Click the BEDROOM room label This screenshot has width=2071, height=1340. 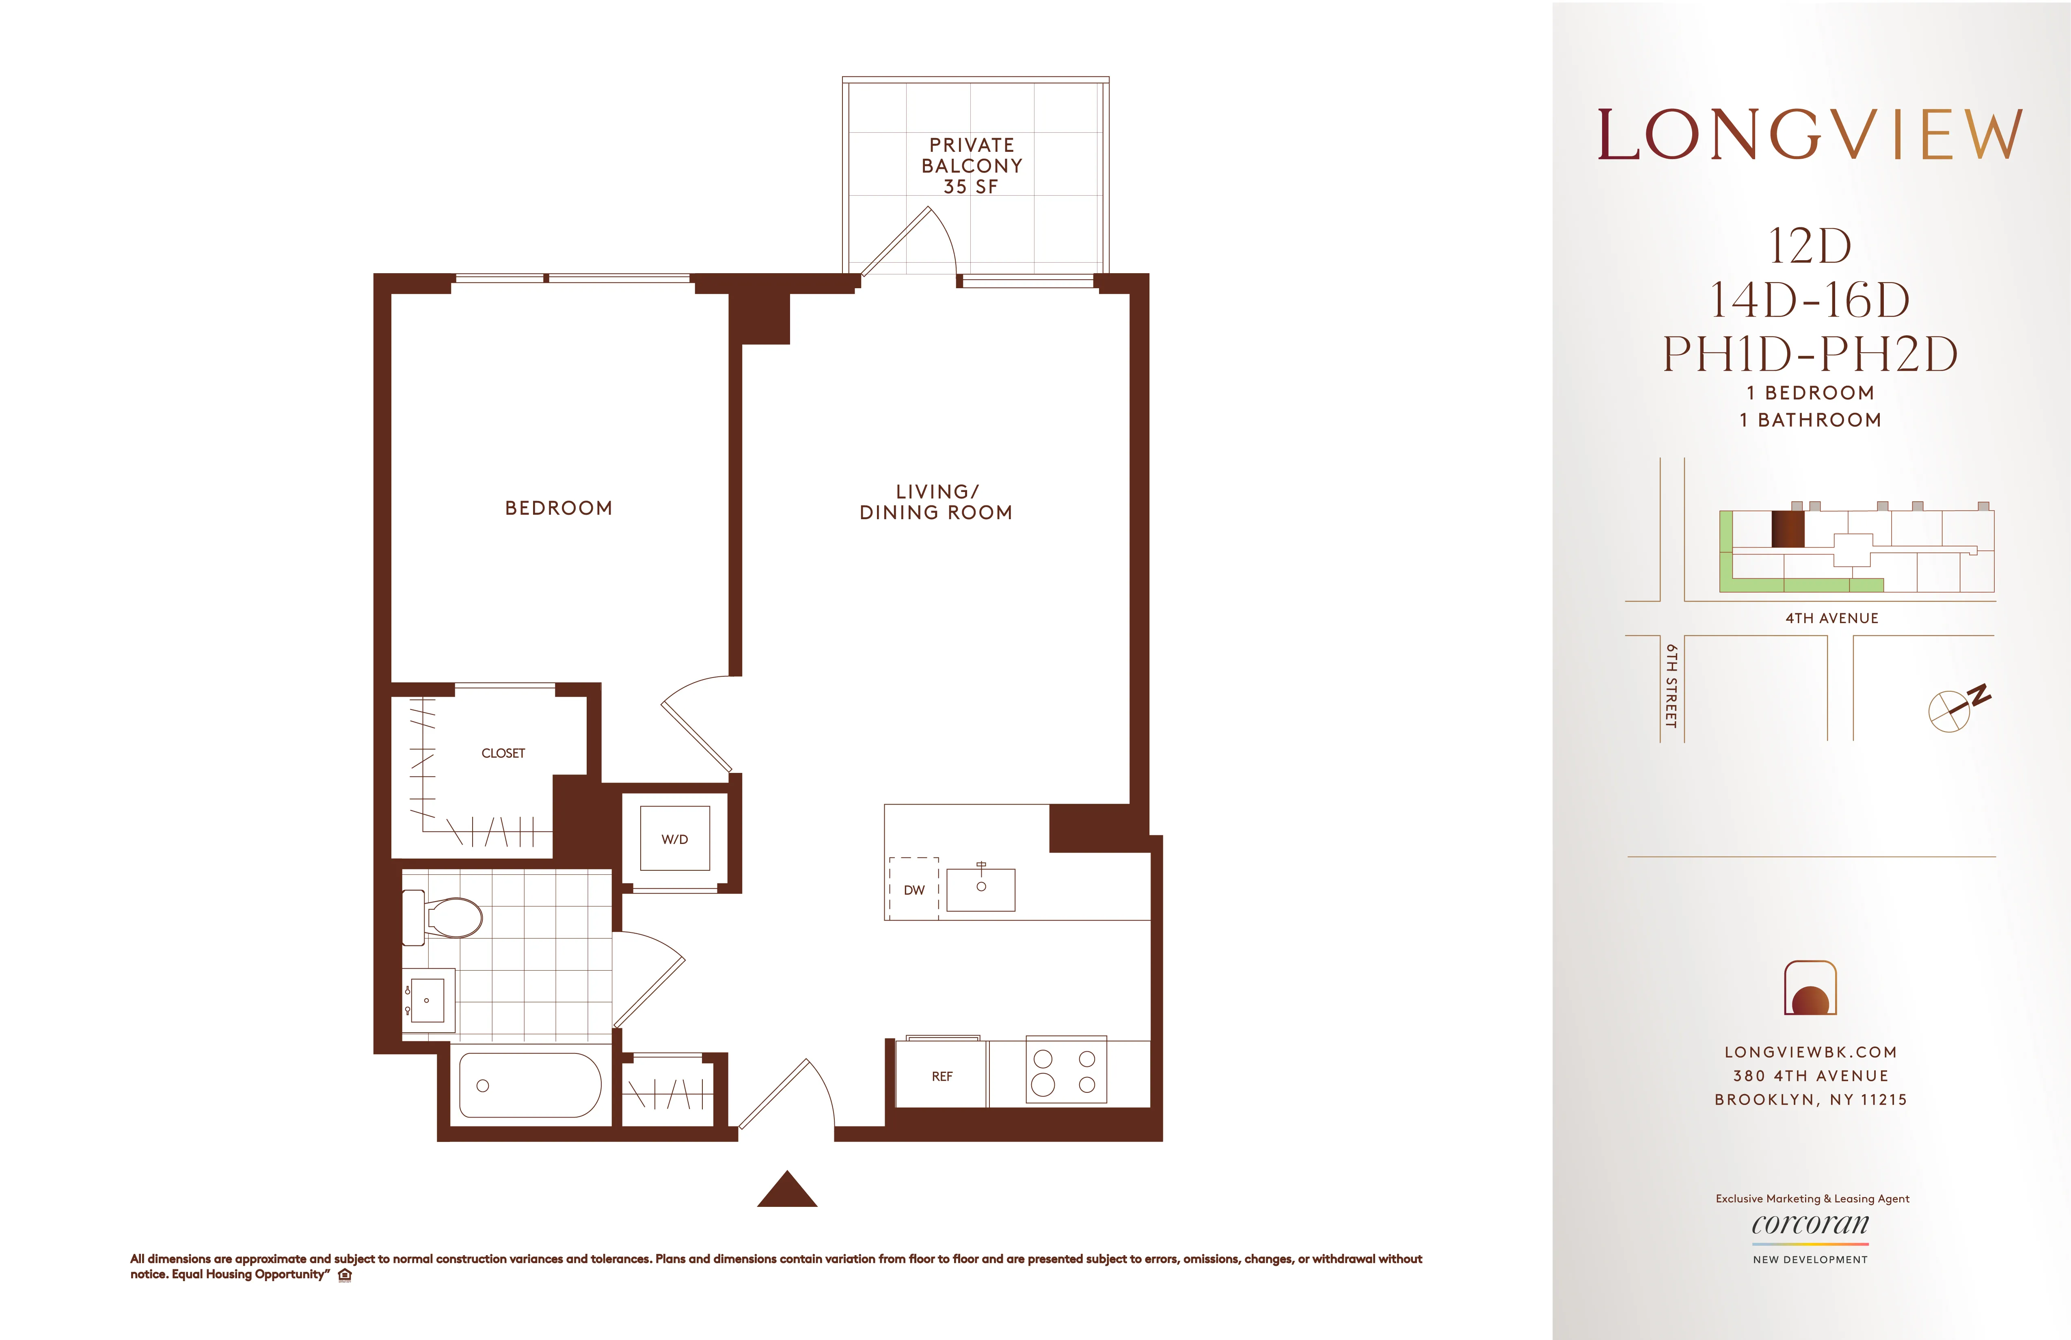(559, 508)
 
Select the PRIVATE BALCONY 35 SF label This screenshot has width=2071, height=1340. (972, 165)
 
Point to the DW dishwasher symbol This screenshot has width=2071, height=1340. (913, 889)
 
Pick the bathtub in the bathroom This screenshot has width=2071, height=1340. (529, 1085)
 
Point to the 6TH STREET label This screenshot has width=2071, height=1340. (1671, 686)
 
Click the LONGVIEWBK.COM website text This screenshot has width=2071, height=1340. (1810, 1052)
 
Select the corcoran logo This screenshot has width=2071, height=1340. (1810, 1225)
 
